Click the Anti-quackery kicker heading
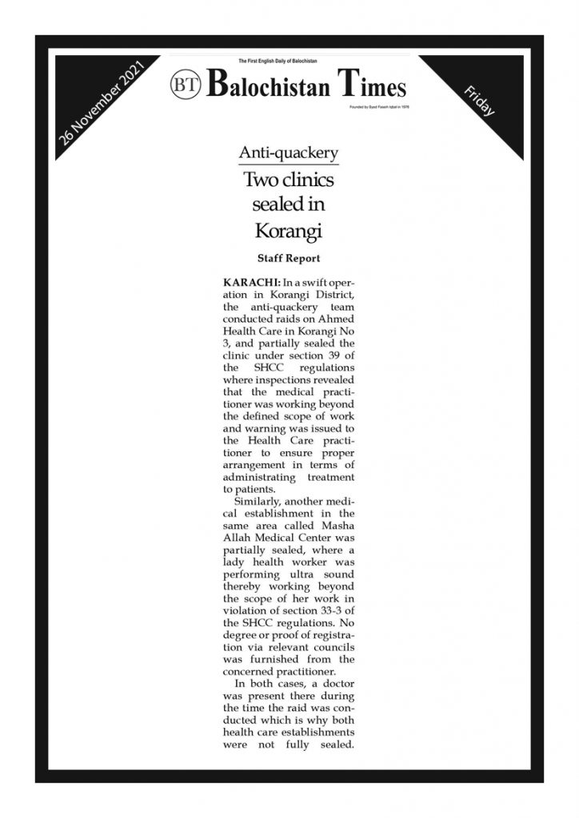tap(289, 153)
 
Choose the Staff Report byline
tap(289, 259)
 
